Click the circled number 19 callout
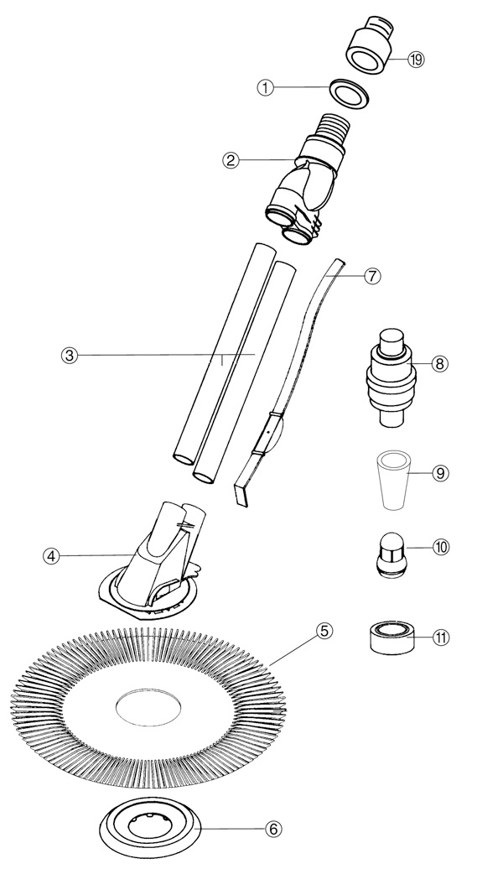(x=416, y=60)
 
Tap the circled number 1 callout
(x=266, y=87)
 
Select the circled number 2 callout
(x=231, y=161)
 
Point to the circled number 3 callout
(x=69, y=356)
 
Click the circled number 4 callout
(x=51, y=556)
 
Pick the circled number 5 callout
(x=324, y=631)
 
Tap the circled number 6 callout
(x=273, y=829)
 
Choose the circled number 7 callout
(x=372, y=276)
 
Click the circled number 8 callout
(x=439, y=363)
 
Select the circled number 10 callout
(x=441, y=548)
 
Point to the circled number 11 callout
(x=441, y=637)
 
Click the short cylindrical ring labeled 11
(x=391, y=637)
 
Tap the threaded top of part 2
(x=331, y=127)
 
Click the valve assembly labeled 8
(x=392, y=378)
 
